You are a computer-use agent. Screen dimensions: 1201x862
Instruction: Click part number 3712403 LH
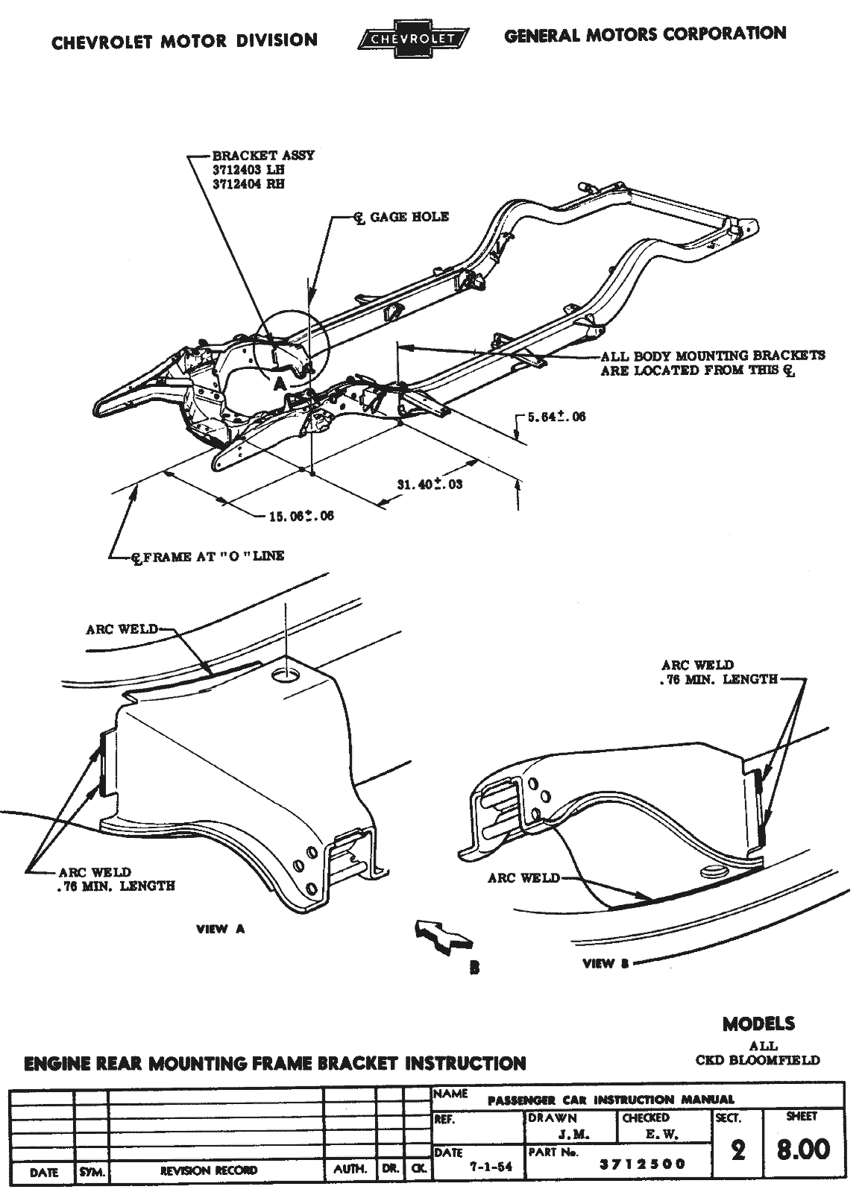[x=248, y=170]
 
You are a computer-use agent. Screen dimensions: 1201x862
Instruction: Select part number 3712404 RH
[x=248, y=184]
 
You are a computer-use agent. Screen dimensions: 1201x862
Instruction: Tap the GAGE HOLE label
[x=409, y=217]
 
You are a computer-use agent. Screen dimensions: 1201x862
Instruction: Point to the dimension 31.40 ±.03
[x=430, y=485]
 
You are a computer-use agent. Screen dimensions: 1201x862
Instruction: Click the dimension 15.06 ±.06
[x=301, y=516]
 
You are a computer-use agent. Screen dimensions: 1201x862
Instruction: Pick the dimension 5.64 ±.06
[x=556, y=417]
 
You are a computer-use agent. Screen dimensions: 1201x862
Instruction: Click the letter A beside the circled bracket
[x=278, y=384]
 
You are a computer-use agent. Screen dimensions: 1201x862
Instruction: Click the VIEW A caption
[x=220, y=929]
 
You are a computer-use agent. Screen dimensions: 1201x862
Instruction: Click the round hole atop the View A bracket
[x=286, y=676]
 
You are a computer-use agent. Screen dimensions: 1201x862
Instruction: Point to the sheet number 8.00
[x=802, y=1149]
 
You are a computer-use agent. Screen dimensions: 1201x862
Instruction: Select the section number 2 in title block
[x=738, y=1150]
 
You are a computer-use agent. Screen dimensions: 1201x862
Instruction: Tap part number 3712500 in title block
[x=643, y=1164]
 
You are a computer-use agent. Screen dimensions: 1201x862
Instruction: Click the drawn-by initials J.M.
[x=572, y=1135]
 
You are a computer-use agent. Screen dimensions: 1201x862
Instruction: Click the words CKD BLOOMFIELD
[x=758, y=1059]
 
